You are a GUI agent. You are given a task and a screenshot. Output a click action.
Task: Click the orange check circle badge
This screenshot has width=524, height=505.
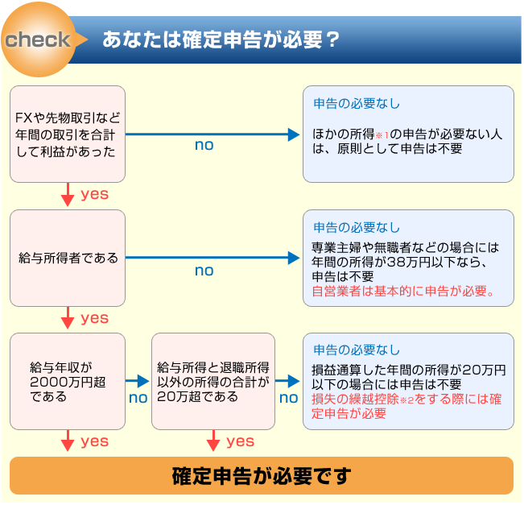[39, 39]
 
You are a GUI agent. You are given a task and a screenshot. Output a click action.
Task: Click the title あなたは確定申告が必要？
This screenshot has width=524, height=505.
[221, 39]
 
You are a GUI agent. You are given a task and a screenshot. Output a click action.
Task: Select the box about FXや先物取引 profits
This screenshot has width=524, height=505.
[68, 135]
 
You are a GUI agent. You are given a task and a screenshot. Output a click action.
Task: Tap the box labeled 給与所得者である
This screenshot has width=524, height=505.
[68, 259]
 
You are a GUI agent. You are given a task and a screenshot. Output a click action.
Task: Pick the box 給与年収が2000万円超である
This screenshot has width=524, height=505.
[68, 381]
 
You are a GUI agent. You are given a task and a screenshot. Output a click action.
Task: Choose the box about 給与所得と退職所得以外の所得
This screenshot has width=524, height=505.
[213, 381]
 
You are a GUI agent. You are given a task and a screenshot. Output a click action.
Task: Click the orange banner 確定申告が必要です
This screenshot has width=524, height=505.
[262, 475]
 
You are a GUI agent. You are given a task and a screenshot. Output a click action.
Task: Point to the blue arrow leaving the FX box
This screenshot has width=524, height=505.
[212, 135]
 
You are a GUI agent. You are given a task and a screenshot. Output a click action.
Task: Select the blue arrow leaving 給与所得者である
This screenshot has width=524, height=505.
[212, 258]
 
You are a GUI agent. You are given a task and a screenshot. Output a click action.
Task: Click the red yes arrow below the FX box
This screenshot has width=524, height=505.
[68, 195]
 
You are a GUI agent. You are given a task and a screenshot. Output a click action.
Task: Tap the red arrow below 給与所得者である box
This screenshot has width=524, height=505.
[68, 318]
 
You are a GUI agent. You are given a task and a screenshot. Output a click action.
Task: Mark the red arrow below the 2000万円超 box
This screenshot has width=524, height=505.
[68, 441]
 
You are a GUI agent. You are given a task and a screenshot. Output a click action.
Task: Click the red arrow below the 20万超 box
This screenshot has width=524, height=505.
[213, 441]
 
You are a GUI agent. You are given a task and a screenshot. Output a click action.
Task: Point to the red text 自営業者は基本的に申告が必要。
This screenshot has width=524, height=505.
[403, 292]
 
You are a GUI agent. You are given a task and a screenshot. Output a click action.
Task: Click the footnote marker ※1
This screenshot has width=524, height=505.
[382, 135]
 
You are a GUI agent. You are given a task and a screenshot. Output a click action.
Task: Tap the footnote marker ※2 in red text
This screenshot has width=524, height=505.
[406, 400]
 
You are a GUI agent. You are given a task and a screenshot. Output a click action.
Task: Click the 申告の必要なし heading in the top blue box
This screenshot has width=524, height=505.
[357, 104]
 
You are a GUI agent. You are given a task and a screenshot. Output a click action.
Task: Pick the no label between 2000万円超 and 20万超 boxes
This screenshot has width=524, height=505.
[138, 398]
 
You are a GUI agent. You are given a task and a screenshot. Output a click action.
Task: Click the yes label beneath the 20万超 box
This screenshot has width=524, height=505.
[241, 441]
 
